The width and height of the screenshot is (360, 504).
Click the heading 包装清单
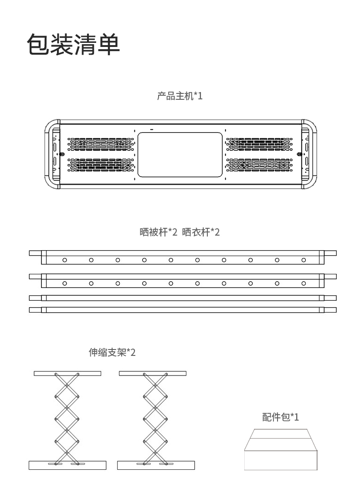tap(73, 44)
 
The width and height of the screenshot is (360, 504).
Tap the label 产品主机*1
tap(180, 96)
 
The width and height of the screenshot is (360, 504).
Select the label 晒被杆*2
tap(158, 232)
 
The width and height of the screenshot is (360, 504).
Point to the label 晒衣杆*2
tap(201, 232)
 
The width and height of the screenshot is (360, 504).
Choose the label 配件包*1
tap(280, 417)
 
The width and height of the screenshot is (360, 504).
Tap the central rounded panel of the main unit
tap(180, 154)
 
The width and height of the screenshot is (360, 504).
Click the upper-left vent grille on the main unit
tap(101, 144)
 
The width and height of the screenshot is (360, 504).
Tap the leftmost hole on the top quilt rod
tap(65, 260)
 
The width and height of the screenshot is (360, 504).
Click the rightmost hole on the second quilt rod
tap(303, 283)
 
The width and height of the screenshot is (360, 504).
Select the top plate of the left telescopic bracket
tap(67, 374)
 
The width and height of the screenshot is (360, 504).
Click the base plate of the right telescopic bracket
tap(156, 465)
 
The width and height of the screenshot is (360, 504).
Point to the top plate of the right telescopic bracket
tap(153, 374)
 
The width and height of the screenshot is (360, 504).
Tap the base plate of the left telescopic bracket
tap(67, 465)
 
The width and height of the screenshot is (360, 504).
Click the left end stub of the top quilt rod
tap(35, 253)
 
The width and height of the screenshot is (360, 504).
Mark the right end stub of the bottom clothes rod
tap(330, 310)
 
